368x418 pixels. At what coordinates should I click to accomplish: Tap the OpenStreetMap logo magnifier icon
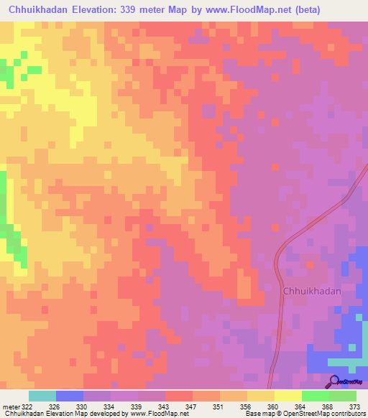click(333, 381)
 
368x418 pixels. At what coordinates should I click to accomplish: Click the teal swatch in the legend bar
click(42, 396)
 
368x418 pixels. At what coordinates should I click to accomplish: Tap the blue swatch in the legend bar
click(70, 396)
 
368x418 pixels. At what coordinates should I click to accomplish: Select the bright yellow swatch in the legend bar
click(287, 396)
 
